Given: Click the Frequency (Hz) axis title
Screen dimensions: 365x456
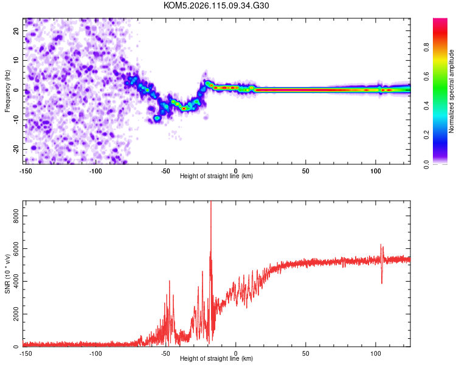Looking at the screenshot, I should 7,90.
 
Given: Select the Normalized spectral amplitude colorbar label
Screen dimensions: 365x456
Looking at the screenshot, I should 451,91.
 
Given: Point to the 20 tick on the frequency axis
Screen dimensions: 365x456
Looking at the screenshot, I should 17,32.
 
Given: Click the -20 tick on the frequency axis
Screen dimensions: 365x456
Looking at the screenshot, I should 16,149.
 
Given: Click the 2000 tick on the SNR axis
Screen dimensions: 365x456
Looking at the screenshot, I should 13,314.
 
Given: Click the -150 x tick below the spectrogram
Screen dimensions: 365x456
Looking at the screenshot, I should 25,171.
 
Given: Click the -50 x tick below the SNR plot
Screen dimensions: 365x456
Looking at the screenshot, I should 165,353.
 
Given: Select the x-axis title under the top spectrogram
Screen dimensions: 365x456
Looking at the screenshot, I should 216,176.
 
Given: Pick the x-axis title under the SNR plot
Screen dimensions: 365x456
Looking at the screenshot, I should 216,359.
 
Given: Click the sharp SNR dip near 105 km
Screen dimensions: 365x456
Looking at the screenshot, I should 382,282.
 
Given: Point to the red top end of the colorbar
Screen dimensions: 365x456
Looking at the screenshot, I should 440,21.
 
